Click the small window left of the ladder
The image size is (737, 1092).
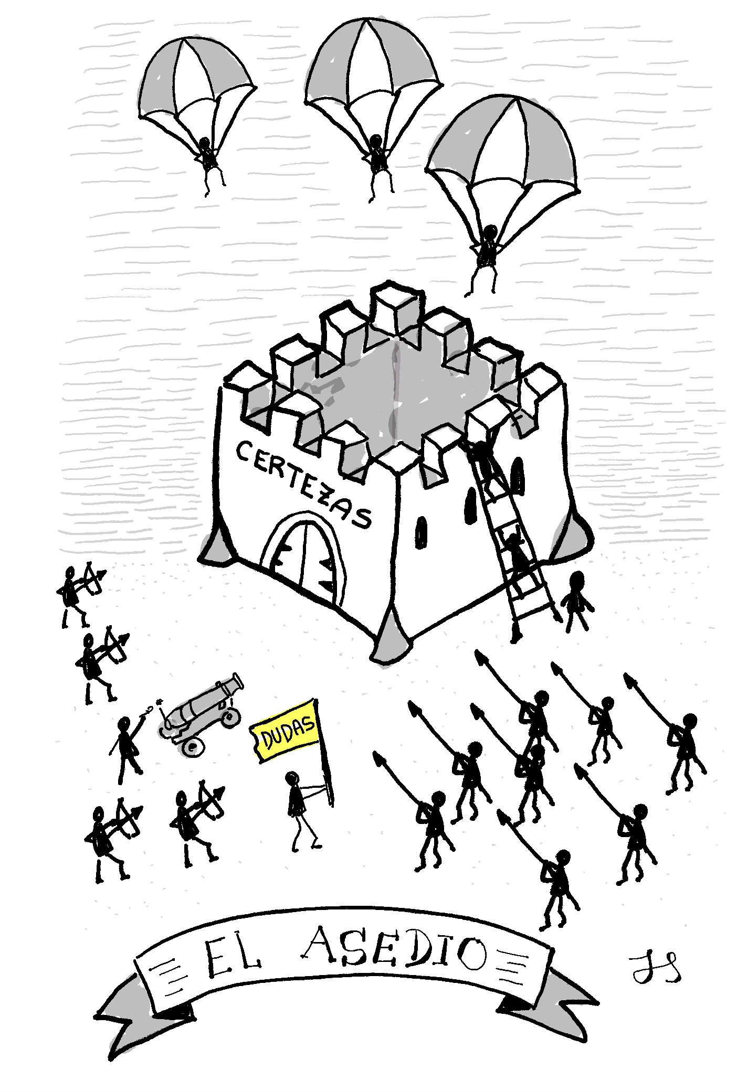tap(420, 532)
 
